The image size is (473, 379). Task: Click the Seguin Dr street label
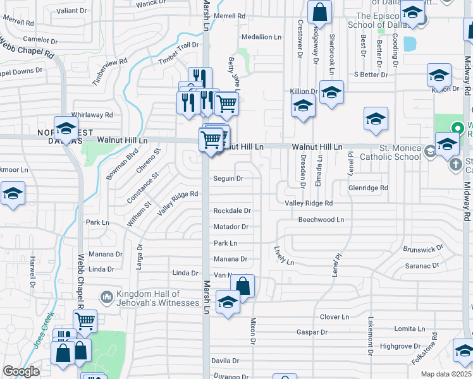(x=228, y=179)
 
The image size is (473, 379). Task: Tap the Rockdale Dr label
(x=232, y=210)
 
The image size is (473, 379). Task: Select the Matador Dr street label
(x=231, y=227)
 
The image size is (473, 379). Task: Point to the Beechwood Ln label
(x=321, y=220)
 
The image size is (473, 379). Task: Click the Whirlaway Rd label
(x=92, y=115)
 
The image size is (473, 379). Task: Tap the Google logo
(x=21, y=371)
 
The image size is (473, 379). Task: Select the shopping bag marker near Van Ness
(x=242, y=286)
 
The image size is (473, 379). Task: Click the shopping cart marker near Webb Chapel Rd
(x=85, y=320)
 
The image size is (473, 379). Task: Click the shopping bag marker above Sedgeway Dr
(x=320, y=11)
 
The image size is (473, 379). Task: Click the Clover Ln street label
(x=335, y=316)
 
